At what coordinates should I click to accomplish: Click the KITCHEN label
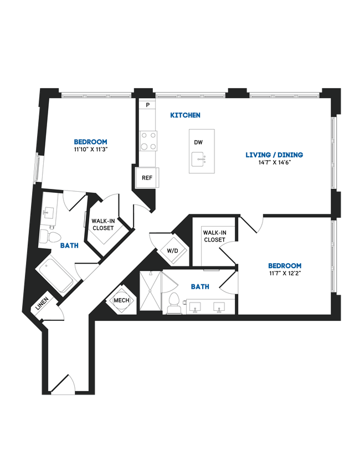click(185, 115)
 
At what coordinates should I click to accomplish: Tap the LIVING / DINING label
click(274, 155)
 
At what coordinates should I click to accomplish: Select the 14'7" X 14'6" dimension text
click(274, 163)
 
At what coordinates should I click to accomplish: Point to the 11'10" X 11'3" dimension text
click(91, 150)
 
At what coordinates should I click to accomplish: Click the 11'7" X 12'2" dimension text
click(285, 273)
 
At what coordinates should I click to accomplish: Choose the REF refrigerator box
click(147, 178)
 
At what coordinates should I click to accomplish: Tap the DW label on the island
click(198, 142)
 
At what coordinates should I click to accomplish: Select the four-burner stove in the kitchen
click(148, 140)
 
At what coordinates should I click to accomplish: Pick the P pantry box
click(147, 105)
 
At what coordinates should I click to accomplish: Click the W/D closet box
click(173, 250)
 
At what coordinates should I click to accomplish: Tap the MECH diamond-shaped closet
click(121, 300)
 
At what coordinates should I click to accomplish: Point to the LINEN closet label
click(42, 304)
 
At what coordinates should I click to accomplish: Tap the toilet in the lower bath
click(173, 304)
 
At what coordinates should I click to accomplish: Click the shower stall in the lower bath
click(150, 293)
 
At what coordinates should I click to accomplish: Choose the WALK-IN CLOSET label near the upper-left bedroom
click(102, 224)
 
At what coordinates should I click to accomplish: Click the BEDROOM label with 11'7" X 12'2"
click(285, 265)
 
